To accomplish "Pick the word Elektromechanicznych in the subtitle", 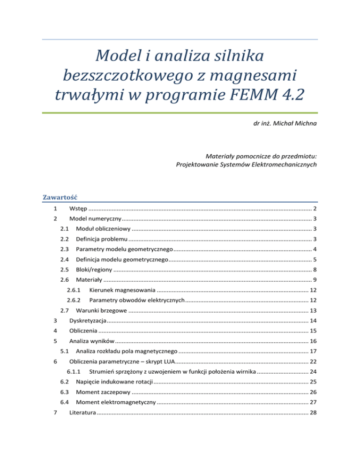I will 285,165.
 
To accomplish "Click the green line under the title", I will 180,113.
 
